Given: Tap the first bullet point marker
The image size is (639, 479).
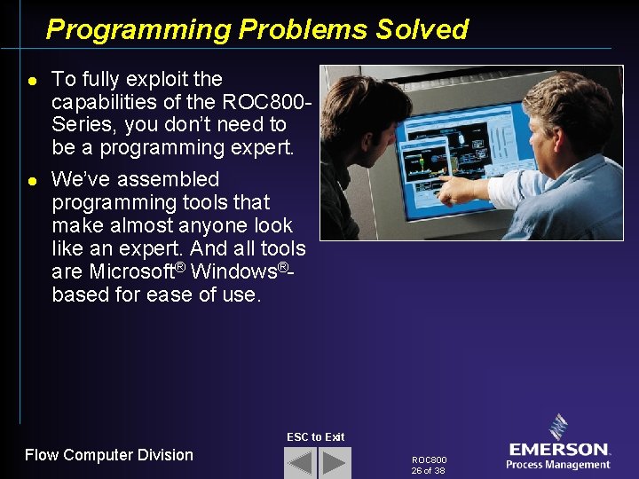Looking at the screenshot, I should pyautogui.click(x=30, y=80).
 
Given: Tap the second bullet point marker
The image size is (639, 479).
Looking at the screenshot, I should pyautogui.click(x=30, y=180).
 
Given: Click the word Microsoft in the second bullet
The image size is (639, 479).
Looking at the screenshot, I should pyautogui.click(x=131, y=271).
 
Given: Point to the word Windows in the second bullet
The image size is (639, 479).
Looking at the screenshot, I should pyautogui.click(x=234, y=271).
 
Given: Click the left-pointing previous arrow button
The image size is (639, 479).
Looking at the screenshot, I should pyautogui.click(x=300, y=463).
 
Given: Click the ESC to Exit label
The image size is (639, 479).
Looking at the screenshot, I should pyautogui.click(x=315, y=436).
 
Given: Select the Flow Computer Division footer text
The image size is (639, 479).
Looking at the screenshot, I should pyautogui.click(x=108, y=455).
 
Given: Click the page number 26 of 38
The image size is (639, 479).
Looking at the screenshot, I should pyautogui.click(x=428, y=471).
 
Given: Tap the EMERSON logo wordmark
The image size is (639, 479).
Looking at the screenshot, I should pyautogui.click(x=558, y=450).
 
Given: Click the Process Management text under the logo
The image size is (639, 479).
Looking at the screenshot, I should pyautogui.click(x=558, y=465).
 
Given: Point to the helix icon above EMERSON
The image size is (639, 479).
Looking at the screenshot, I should pyautogui.click(x=558, y=427).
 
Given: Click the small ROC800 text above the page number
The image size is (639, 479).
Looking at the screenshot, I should pyautogui.click(x=430, y=460).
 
